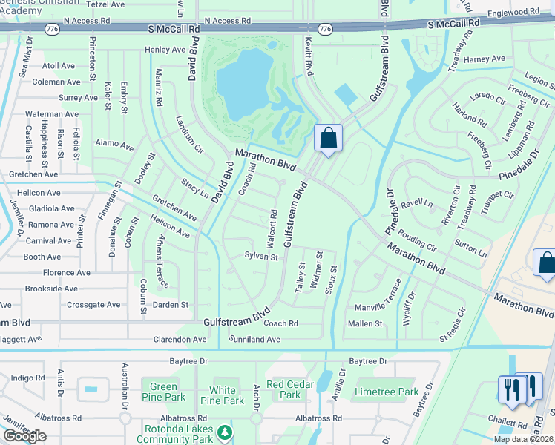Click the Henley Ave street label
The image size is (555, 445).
(x=164, y=50)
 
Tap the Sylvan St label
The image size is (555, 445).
(x=261, y=257)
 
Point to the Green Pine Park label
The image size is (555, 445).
(x=164, y=392)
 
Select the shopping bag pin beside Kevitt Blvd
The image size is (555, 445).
(x=328, y=139)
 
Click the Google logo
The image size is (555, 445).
(x=24, y=436)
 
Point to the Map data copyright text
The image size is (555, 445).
(x=524, y=439)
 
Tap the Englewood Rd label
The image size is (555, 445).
(x=513, y=12)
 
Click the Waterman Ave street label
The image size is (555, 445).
(x=52, y=114)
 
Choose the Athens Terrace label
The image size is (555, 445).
(x=162, y=261)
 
